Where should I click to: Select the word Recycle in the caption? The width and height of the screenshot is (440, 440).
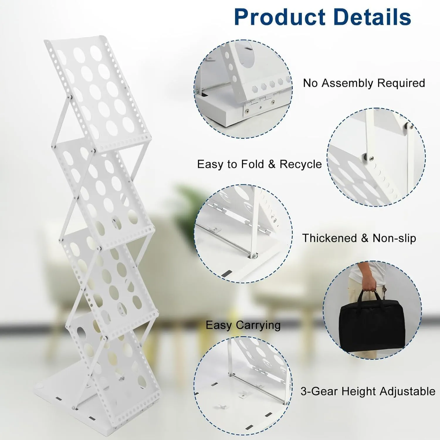[x=301, y=164]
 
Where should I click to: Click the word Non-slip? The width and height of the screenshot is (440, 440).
[x=394, y=238]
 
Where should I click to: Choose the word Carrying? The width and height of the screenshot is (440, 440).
[x=258, y=325]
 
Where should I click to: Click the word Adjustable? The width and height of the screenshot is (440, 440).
[x=407, y=392]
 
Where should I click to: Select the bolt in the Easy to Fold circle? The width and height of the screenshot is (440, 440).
[x=371, y=158]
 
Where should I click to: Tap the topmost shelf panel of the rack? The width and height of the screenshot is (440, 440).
[x=97, y=91]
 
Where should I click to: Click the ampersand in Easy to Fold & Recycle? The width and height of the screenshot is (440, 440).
[x=272, y=164]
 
